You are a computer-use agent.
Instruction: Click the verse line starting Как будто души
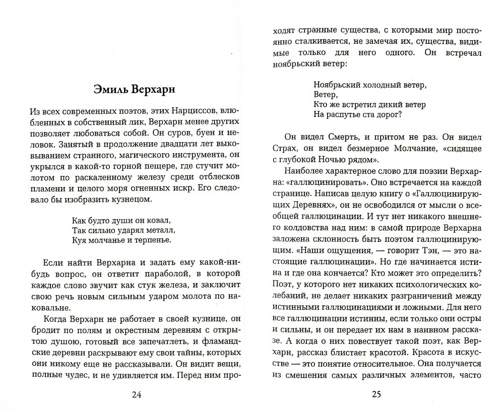pyautogui.click(x=115, y=220)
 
